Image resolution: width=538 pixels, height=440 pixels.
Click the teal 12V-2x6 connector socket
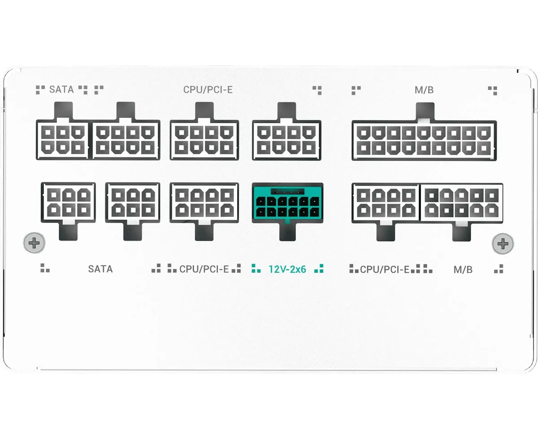pyautogui.click(x=287, y=202)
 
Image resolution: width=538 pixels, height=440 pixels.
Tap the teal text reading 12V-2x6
pyautogui.click(x=287, y=269)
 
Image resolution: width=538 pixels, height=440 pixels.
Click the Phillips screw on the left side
pyautogui.click(x=35, y=243)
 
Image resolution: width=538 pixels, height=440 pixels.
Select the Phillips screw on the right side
pyautogui.click(x=503, y=243)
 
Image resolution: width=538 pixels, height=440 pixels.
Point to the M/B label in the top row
pyautogui.click(x=424, y=90)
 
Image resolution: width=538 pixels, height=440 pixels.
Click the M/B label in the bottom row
pyautogui.click(x=463, y=269)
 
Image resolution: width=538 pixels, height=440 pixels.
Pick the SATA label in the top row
pyautogui.click(x=61, y=90)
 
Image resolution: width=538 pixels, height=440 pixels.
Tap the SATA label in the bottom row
pyautogui.click(x=100, y=269)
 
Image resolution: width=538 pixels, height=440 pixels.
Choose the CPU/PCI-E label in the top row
pyautogui.click(x=208, y=90)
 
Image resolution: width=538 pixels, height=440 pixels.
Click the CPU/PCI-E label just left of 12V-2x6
pyautogui.click(x=204, y=269)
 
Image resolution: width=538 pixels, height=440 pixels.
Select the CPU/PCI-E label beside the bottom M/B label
pyautogui.click(x=385, y=269)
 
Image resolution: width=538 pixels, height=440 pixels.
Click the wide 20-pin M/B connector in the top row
pyautogui.click(x=424, y=140)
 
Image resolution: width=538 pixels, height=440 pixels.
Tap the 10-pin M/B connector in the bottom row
pyautogui.click(x=461, y=202)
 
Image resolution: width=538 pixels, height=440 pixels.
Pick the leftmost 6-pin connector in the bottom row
pyautogui.click(x=68, y=202)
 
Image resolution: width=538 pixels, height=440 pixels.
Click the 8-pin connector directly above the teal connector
pyautogui.click(x=287, y=140)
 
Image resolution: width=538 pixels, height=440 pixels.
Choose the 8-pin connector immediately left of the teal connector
pyautogui.click(x=204, y=202)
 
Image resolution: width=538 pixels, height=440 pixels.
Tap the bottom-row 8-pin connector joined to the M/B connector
pyautogui.click(x=386, y=202)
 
